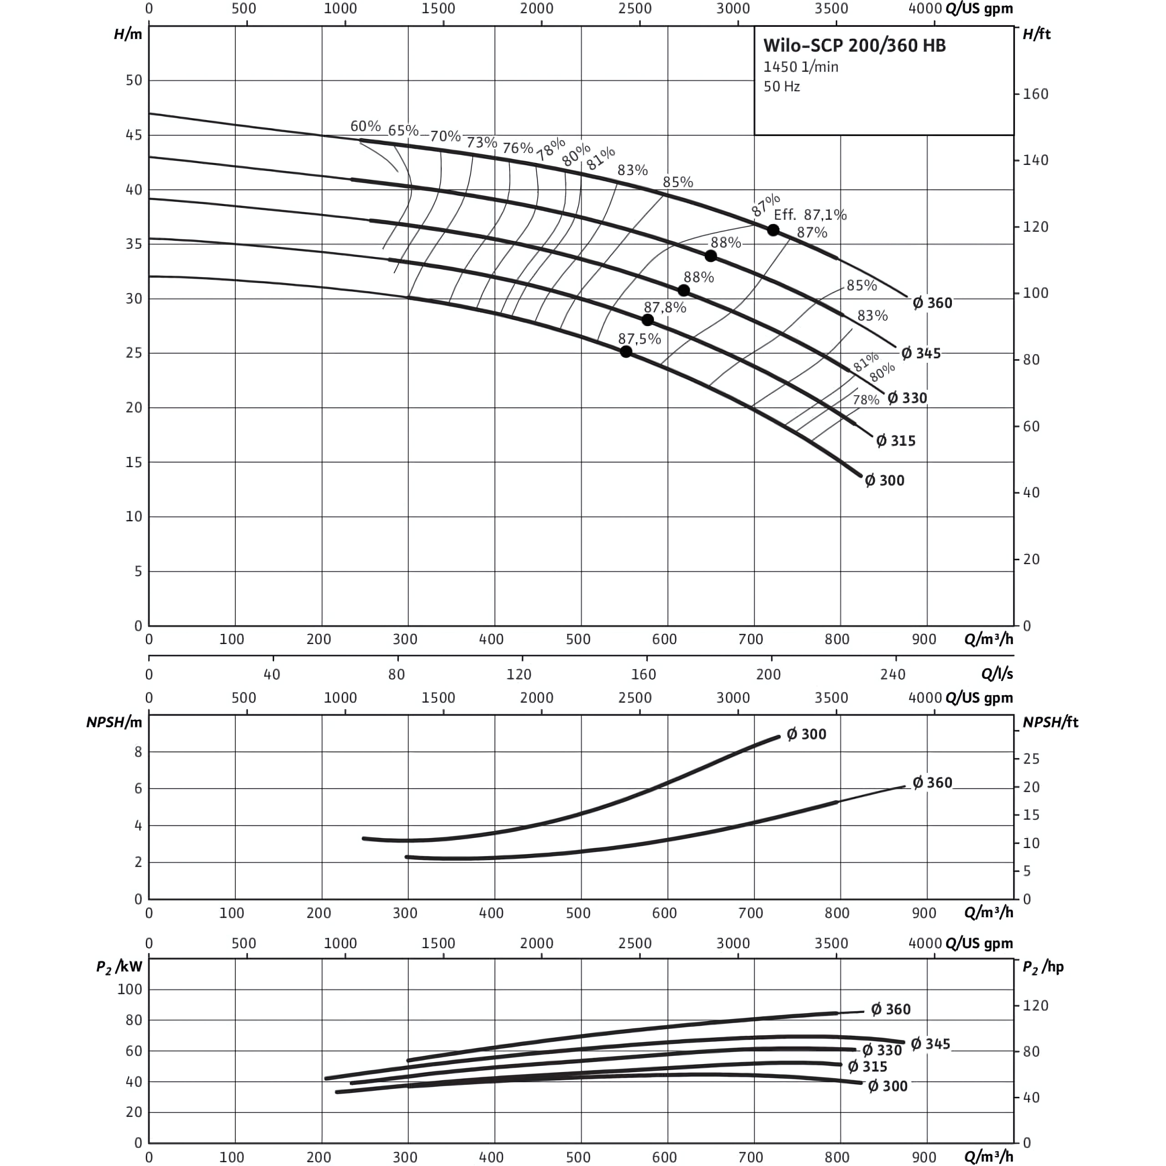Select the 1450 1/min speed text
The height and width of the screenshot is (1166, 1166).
(801, 67)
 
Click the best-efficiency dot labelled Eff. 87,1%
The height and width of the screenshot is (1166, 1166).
(773, 230)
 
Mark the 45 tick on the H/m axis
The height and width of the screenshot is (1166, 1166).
(134, 135)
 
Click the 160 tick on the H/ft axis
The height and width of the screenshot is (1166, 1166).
(1036, 94)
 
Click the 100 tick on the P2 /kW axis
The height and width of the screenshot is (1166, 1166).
(130, 989)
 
